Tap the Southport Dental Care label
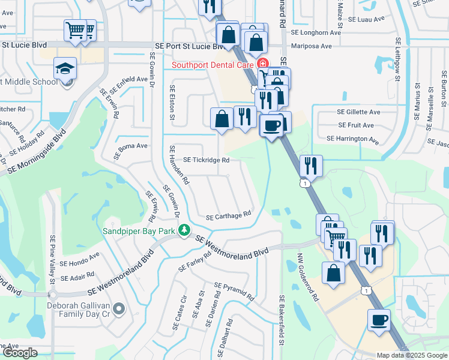(x=213, y=64)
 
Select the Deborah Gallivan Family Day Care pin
(x=119, y=309)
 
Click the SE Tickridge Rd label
(x=206, y=160)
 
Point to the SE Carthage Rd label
(x=228, y=217)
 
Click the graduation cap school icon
(x=65, y=70)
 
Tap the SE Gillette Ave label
(x=358, y=112)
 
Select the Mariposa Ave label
(x=310, y=46)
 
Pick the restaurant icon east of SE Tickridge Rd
(x=311, y=165)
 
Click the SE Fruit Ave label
(x=356, y=125)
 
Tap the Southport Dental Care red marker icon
(x=262, y=63)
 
